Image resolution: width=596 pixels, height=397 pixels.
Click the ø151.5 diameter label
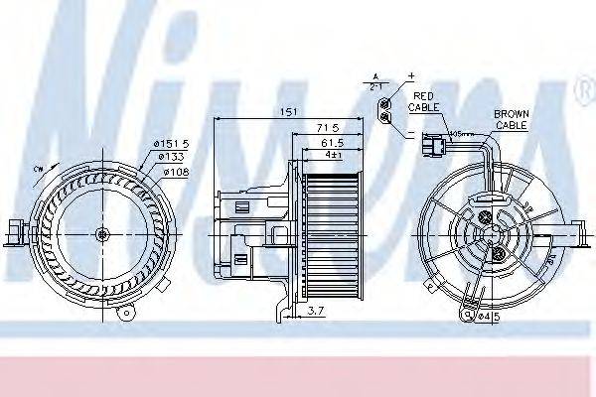click(x=172, y=146)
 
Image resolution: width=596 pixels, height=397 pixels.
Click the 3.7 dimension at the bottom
click(x=314, y=312)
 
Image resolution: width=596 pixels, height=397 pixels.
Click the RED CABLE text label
click(x=426, y=99)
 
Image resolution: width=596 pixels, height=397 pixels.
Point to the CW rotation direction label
click(x=39, y=170)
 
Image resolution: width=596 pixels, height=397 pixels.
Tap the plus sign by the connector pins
click(x=408, y=76)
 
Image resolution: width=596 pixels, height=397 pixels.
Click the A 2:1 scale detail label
click(x=374, y=81)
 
